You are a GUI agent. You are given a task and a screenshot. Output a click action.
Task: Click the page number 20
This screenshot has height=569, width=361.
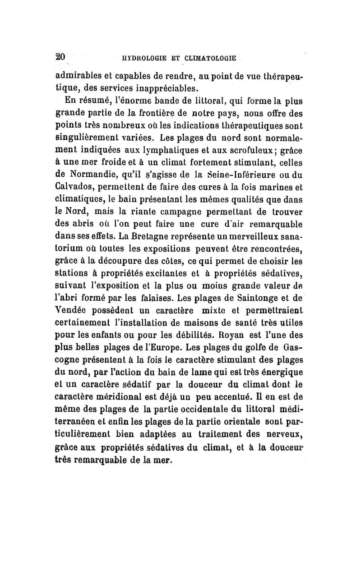point(60,57)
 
